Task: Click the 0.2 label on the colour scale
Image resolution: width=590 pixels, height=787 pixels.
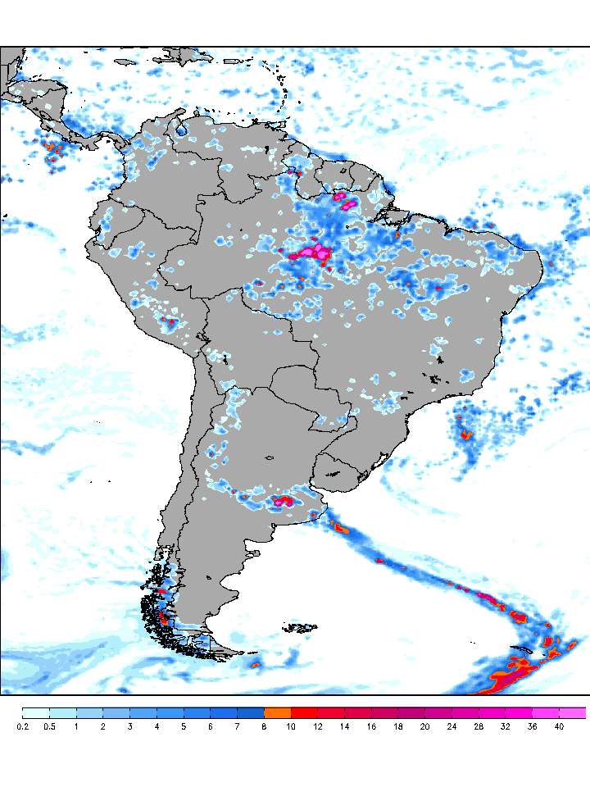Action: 22,726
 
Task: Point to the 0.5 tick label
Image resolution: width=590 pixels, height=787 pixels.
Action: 49,726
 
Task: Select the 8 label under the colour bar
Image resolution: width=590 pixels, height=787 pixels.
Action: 264,726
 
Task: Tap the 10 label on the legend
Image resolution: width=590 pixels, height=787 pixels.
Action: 291,726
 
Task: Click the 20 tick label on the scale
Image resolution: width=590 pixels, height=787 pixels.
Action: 424,726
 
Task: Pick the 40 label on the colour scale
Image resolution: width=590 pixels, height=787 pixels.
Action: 559,726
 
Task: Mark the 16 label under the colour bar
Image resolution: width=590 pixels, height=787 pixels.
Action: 371,726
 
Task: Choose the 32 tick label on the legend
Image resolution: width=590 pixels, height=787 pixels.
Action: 505,726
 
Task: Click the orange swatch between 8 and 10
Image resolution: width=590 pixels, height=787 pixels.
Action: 277,712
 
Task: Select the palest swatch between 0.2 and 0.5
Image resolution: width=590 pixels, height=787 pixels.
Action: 35,712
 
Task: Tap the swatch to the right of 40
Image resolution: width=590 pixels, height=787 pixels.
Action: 573,712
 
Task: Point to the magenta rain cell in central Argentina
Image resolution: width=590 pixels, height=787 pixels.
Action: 283,500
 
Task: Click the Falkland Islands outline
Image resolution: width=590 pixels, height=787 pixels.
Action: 302,627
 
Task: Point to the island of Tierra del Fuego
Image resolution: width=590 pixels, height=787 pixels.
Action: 215,648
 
